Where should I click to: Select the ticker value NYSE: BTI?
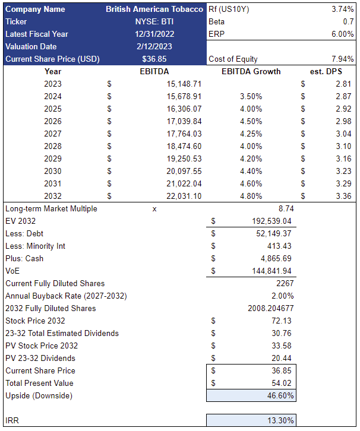pyautogui.click(x=157, y=22)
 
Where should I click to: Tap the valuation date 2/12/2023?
pyautogui.click(x=157, y=46)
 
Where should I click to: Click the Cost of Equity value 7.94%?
pyautogui.click(x=342, y=59)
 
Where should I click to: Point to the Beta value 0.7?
pyautogui.click(x=348, y=22)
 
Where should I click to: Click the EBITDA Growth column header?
pyautogui.click(x=251, y=72)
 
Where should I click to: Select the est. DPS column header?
pyautogui.click(x=326, y=72)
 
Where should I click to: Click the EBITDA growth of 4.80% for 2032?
pyautogui.click(x=251, y=196)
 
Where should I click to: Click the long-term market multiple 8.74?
pyautogui.click(x=283, y=208)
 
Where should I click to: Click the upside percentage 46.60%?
pyautogui.click(x=279, y=395)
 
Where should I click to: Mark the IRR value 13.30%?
pyautogui.click(x=279, y=420)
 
